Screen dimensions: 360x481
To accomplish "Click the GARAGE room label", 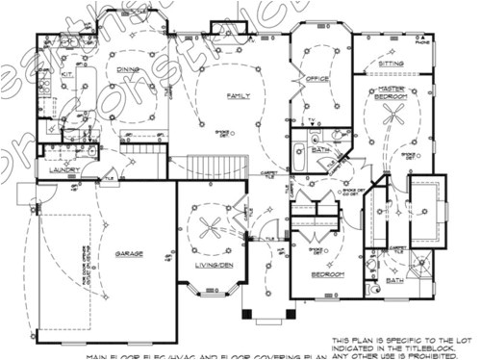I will [130, 254].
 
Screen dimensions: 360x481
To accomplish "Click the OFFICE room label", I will [318, 79].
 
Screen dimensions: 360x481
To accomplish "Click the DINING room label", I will [128, 69].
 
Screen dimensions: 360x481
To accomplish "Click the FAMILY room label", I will [238, 96].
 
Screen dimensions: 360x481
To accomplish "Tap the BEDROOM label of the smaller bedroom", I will [328, 275].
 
